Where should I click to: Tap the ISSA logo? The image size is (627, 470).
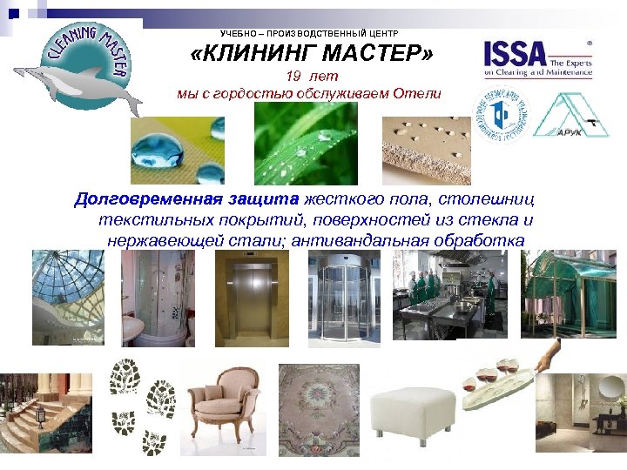pyautogui.click(x=538, y=57)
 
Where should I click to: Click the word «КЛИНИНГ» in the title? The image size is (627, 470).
pyautogui.click(x=261, y=56)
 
